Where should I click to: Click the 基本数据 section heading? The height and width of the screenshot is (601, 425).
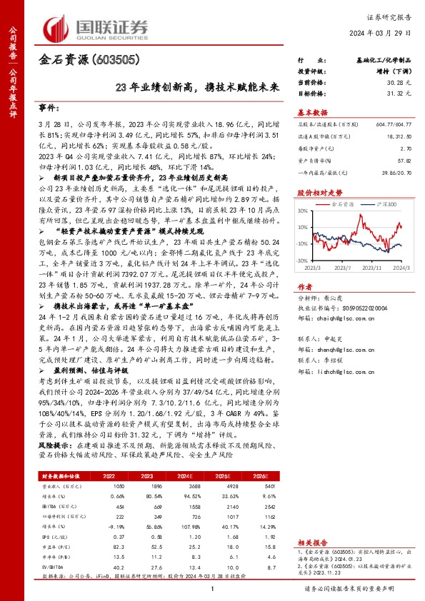click(312, 112)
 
